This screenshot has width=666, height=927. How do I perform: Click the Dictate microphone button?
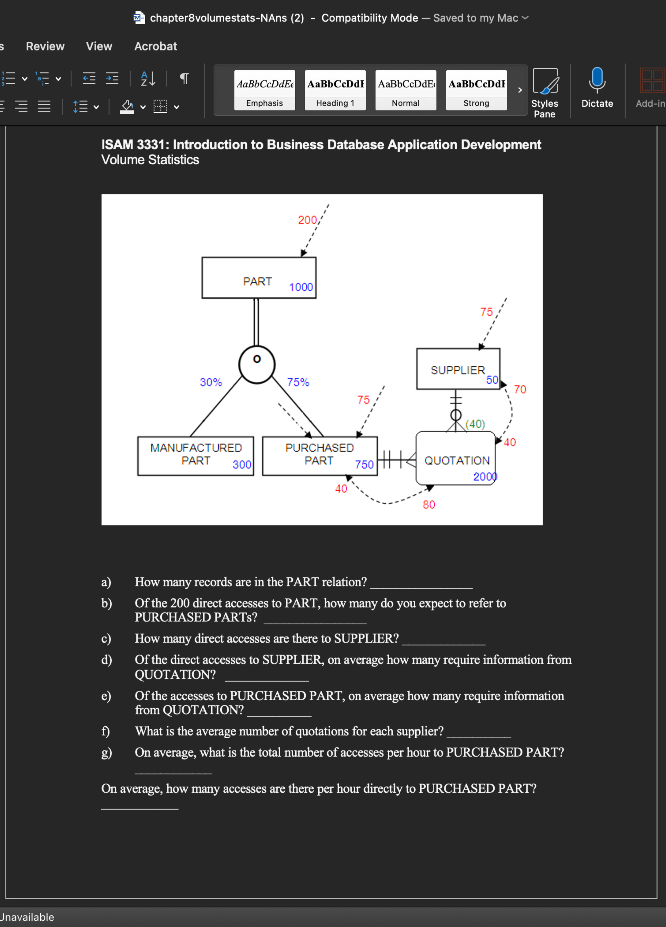coord(597,88)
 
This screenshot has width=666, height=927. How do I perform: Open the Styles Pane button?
coord(545,93)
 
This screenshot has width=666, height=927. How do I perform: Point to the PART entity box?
coord(259,278)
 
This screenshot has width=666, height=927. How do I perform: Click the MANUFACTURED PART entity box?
coord(196,456)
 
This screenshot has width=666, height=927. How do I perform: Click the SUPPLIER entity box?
coord(458,369)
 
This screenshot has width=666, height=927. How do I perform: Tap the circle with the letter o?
coord(257,364)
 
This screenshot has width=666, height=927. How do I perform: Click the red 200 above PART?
coord(307,220)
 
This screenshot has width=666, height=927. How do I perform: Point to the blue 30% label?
coord(211,382)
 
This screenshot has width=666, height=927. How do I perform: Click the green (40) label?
coord(475,424)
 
